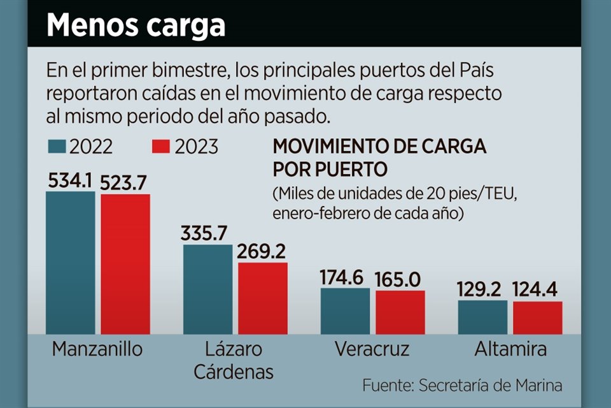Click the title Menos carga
pos(136,25)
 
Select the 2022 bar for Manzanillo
pos(70,263)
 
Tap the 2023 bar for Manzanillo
pos(125,264)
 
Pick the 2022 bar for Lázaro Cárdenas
pos(207,289)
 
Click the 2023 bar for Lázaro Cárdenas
pos(263,298)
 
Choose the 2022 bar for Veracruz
pos(345,311)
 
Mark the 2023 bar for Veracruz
pos(400,312)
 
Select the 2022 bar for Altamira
pos(482,317)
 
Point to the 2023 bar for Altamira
pos(538,317)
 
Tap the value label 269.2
pos(262,252)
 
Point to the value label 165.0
pos(400,280)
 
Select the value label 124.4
pos(538,291)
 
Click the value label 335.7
pos(207,234)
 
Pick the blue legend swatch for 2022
pos(58,147)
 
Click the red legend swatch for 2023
pos(162,147)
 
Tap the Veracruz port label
pos(372,349)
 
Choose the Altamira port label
pos(510,349)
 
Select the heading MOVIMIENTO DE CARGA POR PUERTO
pos(379,158)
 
